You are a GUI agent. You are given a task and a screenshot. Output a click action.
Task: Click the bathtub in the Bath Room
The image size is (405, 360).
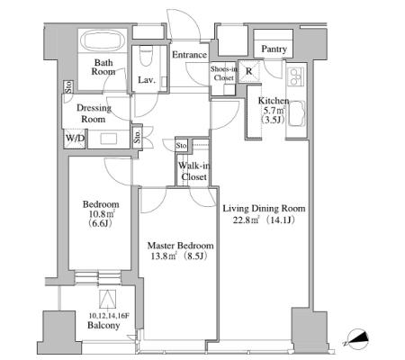[x=103, y=40]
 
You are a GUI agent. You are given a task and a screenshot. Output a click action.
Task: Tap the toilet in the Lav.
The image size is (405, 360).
[x=147, y=56]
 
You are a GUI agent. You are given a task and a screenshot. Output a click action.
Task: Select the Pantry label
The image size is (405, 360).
[x=274, y=49]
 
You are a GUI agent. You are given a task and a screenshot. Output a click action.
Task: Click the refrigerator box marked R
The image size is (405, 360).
[x=248, y=71]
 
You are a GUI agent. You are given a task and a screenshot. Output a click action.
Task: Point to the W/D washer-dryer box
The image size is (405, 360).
[x=76, y=139]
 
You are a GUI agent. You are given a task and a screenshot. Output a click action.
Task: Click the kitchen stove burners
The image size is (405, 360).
[x=295, y=76]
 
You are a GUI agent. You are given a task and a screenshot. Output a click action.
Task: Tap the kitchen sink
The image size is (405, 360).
[x=297, y=114]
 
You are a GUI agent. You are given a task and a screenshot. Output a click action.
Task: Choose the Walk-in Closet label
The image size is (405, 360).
[x=193, y=171]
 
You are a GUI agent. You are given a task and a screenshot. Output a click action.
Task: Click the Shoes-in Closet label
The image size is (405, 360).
[x=224, y=73]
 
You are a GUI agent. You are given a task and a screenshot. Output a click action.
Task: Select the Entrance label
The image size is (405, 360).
[x=189, y=55]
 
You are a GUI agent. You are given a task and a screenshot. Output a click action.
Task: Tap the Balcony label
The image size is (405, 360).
[x=103, y=325]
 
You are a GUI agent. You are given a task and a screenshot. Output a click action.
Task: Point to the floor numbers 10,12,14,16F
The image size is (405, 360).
[x=109, y=316]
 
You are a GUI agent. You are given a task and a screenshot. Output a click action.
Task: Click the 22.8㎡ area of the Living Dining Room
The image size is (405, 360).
[x=246, y=220]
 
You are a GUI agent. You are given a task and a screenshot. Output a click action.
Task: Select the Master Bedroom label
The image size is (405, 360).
[x=181, y=246]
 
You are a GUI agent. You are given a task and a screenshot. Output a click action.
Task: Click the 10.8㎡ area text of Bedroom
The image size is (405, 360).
[x=101, y=214]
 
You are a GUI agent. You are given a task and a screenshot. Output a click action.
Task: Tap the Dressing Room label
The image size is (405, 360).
[x=94, y=113]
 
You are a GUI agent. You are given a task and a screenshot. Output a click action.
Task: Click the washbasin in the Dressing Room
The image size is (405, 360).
[x=108, y=139]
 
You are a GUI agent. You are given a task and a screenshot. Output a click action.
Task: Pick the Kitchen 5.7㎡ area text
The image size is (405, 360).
[x=274, y=111]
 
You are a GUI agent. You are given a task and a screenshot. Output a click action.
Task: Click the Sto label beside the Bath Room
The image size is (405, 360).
[x=68, y=86]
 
